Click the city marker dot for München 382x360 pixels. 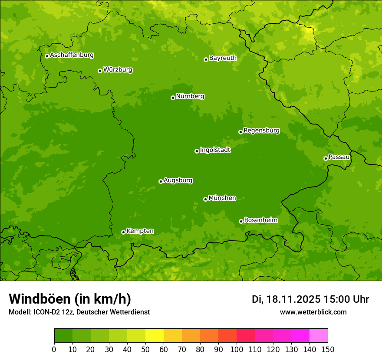[x=205, y=199]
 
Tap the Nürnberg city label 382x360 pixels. [x=190, y=96]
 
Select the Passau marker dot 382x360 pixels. [x=326, y=158]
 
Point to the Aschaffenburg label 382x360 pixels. [x=72, y=55]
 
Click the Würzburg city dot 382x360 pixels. [x=100, y=71]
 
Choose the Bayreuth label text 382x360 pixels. [x=223, y=58]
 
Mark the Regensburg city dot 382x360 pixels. [x=240, y=132]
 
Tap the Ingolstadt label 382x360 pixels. [x=215, y=150]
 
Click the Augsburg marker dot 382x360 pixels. [x=161, y=181]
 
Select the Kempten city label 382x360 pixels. [x=140, y=231]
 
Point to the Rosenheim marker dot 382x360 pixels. [x=241, y=221]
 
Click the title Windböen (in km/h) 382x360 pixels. [x=70, y=299]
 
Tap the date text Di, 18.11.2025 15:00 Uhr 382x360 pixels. [x=310, y=299]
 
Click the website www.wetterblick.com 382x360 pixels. [x=313, y=312]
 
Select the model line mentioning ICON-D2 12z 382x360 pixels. [x=79, y=312]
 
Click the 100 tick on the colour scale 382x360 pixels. [x=237, y=349]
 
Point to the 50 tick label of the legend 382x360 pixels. [x=145, y=349]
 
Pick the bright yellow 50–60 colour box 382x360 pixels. [x=155, y=336]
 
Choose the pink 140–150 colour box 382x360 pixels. [x=319, y=336]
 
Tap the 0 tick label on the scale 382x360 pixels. [x=54, y=349]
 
